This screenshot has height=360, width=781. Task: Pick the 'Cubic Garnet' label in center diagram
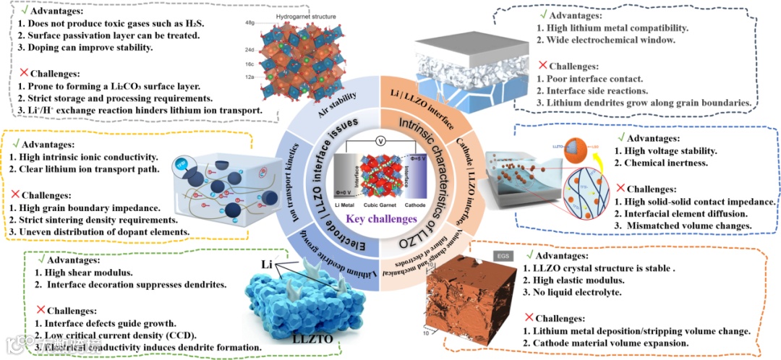click(381, 206)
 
